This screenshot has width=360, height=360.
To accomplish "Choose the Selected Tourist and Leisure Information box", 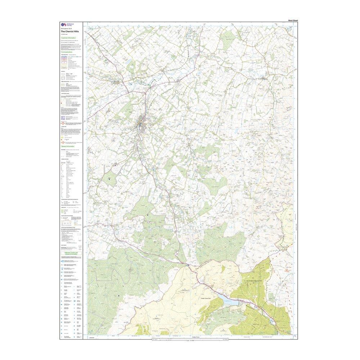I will pyautogui.click(x=71, y=254).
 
